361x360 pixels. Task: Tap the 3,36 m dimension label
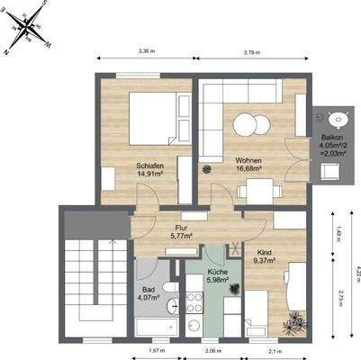[x=146, y=52]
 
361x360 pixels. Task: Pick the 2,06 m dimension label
[x=212, y=351]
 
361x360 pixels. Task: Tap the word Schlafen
[x=149, y=166]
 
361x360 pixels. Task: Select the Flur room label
[x=181, y=228]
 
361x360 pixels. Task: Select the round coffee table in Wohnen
[x=245, y=125]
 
